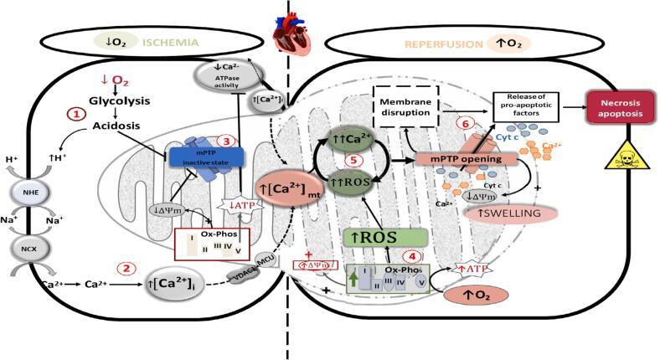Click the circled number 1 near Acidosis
pos(76,114)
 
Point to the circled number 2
pos(124,269)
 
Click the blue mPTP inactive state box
pos(204,157)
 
